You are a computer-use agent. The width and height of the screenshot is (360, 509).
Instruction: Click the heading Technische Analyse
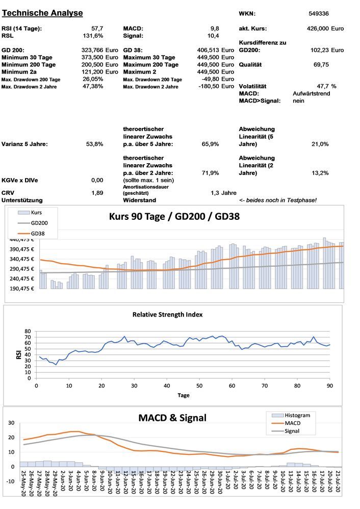click(x=42, y=12)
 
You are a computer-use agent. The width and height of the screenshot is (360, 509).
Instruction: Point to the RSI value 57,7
click(x=97, y=28)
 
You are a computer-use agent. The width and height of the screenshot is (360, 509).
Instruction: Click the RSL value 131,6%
click(x=93, y=36)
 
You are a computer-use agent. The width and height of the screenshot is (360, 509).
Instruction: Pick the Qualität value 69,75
click(x=321, y=65)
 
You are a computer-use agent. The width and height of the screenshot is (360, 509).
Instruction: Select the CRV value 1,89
click(x=97, y=192)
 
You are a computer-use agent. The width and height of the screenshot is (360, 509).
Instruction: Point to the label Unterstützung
click(x=22, y=200)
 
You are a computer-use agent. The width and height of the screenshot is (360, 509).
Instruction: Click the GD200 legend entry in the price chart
click(x=39, y=223)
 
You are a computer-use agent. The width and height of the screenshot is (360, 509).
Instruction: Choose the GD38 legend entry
click(x=38, y=233)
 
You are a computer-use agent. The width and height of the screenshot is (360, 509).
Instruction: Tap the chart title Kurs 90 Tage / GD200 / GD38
click(x=174, y=216)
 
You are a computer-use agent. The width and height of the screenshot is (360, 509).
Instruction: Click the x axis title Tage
click(x=184, y=395)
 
